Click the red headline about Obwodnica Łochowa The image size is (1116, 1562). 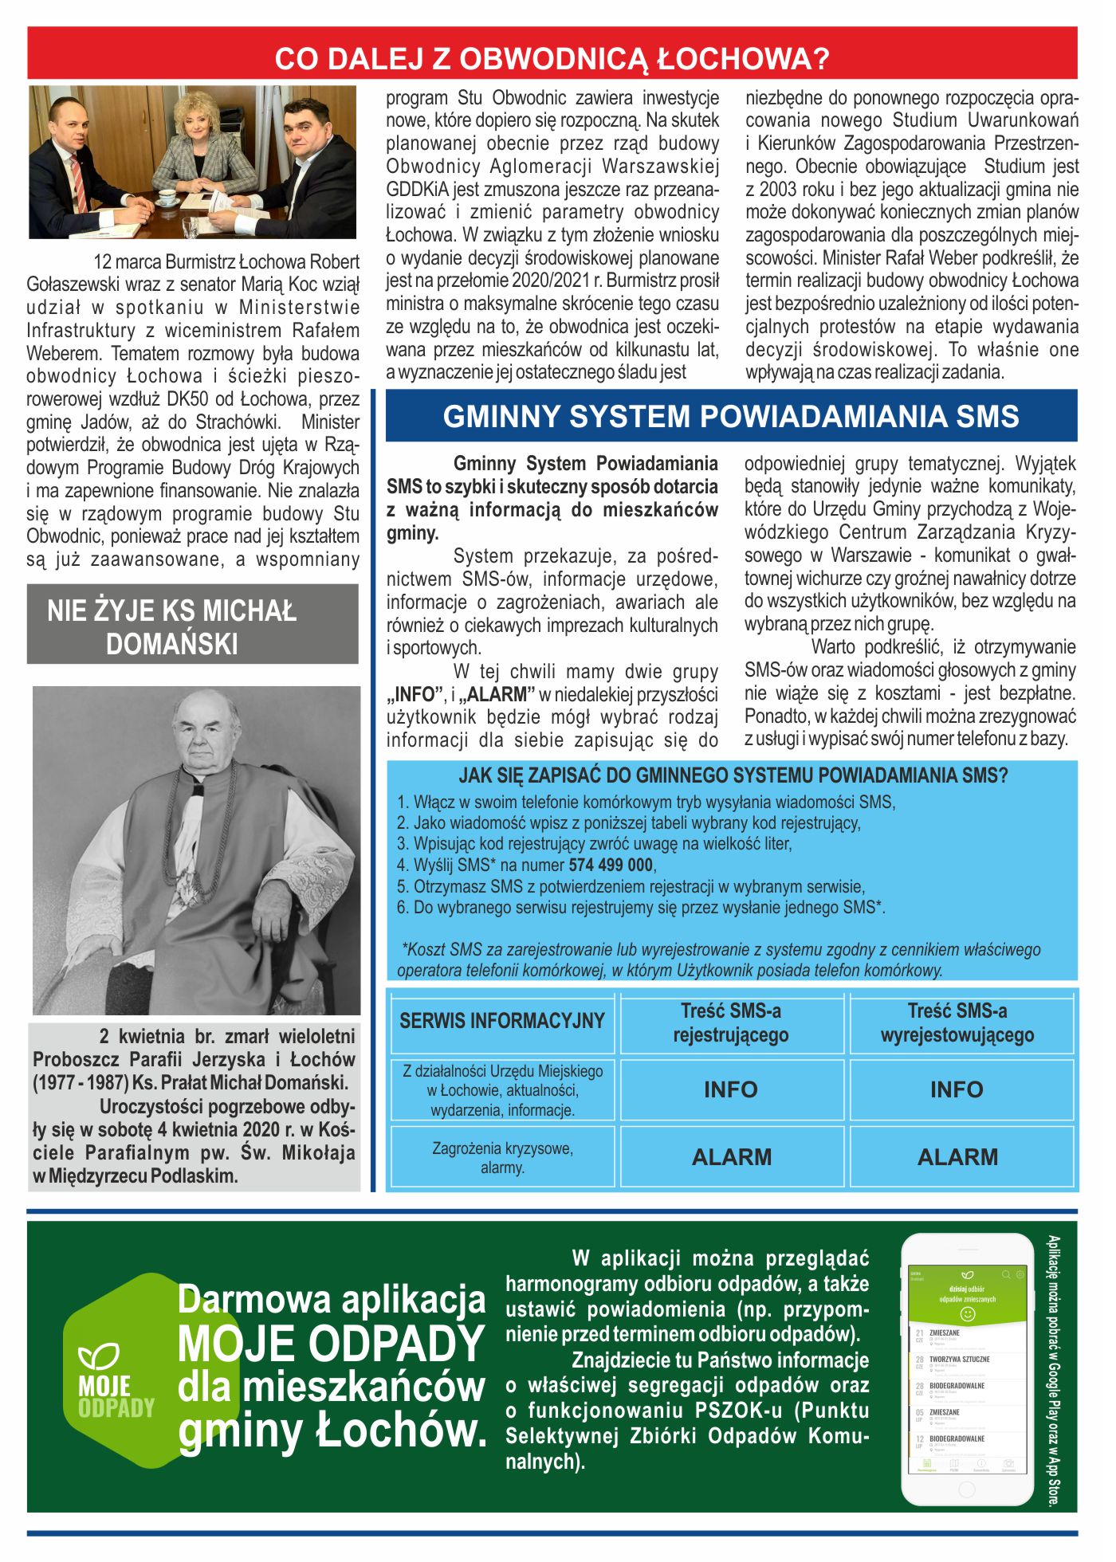[x=552, y=58]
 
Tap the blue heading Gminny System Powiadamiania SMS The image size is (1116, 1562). [x=731, y=417]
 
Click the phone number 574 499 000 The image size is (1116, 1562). [x=611, y=865]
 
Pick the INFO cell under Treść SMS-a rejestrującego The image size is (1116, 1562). [x=731, y=1089]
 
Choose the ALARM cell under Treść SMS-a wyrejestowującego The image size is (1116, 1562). [x=957, y=1157]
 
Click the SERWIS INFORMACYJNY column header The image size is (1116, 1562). [x=502, y=1021]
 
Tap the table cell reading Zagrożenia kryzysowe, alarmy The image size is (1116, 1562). [x=502, y=1158]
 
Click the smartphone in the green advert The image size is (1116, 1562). [x=966, y=1370]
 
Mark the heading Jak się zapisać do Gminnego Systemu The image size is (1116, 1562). [x=733, y=775]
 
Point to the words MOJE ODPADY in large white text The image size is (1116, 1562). [x=331, y=1344]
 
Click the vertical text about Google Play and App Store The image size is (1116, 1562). [x=1054, y=1371]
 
